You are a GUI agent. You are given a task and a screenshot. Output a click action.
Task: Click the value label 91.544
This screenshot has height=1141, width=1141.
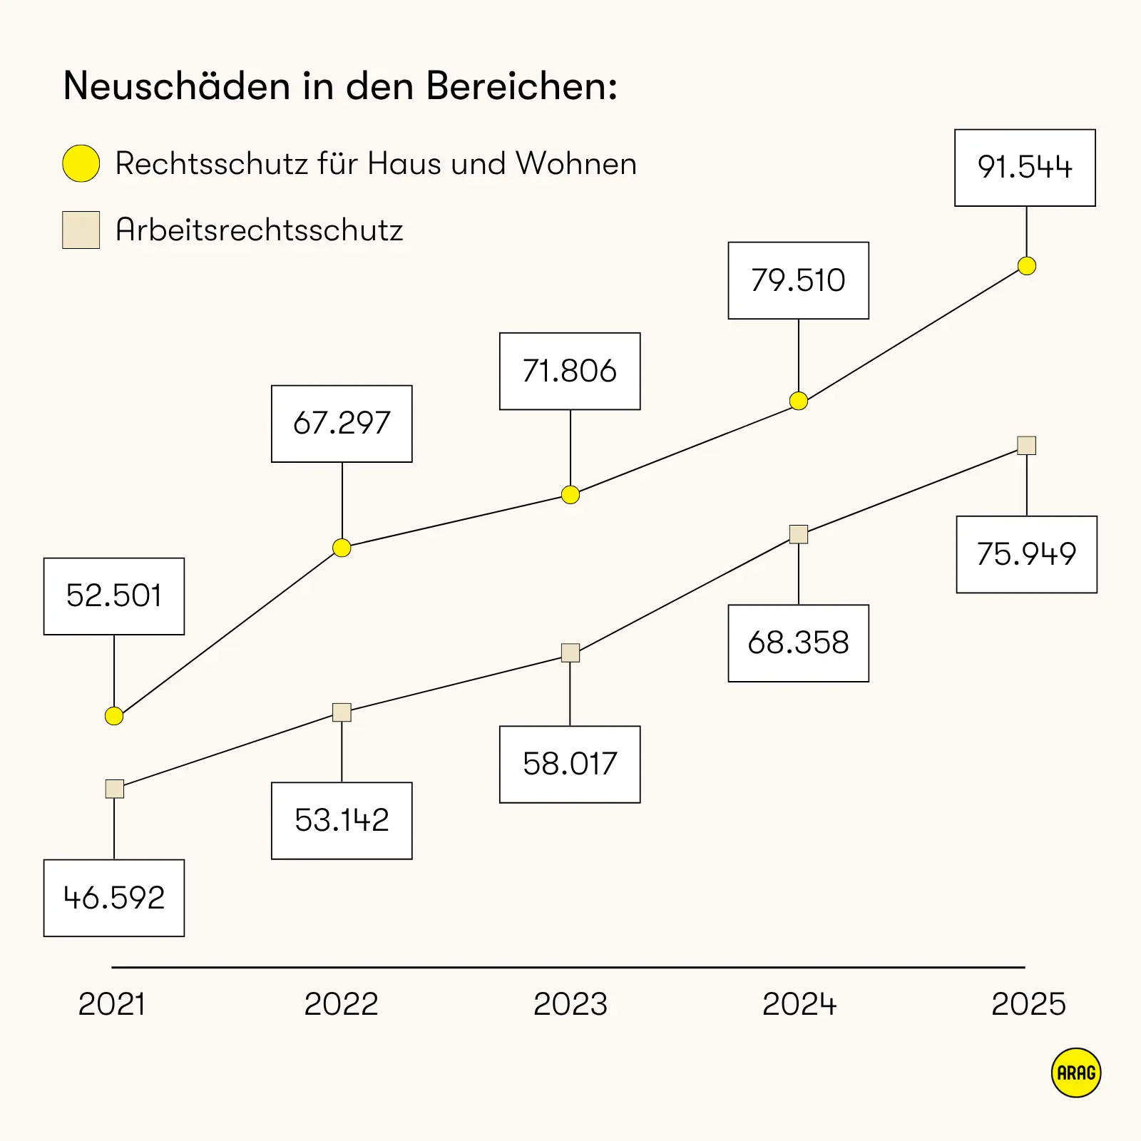(x=1025, y=168)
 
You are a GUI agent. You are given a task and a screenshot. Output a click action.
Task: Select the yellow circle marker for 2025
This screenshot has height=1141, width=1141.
(x=1026, y=266)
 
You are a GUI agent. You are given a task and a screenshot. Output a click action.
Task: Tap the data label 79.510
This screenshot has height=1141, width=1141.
(x=798, y=280)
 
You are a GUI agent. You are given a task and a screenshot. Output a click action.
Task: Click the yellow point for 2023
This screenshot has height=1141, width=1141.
(x=570, y=494)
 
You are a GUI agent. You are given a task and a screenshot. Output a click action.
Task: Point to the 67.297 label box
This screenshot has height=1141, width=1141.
(x=342, y=424)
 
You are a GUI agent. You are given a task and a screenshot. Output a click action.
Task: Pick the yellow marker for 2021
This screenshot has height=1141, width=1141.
(x=114, y=716)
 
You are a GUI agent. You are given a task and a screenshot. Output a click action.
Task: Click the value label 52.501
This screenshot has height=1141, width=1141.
(x=114, y=596)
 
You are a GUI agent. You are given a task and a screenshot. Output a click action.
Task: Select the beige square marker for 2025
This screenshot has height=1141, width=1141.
(x=1026, y=446)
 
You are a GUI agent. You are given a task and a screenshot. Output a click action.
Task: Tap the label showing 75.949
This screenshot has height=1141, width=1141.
(x=1026, y=554)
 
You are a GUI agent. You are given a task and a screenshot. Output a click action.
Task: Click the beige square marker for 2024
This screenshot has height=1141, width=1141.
(x=798, y=534)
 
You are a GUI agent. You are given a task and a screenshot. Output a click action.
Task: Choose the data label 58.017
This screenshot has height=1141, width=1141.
(x=570, y=764)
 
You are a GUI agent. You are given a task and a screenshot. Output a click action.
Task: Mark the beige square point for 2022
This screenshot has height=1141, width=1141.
(x=342, y=712)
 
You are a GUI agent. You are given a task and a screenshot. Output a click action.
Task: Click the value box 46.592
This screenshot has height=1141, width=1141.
(x=114, y=898)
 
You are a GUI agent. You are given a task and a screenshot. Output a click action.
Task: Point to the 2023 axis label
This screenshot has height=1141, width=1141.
(x=570, y=1004)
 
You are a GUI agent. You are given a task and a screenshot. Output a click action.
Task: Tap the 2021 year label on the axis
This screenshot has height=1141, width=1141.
(x=111, y=1004)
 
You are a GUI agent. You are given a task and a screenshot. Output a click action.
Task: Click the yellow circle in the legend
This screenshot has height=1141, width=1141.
(x=81, y=163)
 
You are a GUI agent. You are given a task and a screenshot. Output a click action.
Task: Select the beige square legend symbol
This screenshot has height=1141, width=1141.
(x=81, y=230)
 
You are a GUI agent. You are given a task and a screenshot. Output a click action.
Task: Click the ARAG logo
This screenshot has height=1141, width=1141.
(x=1075, y=1073)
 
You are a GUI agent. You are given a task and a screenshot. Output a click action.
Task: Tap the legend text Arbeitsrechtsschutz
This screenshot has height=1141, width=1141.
(x=259, y=230)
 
